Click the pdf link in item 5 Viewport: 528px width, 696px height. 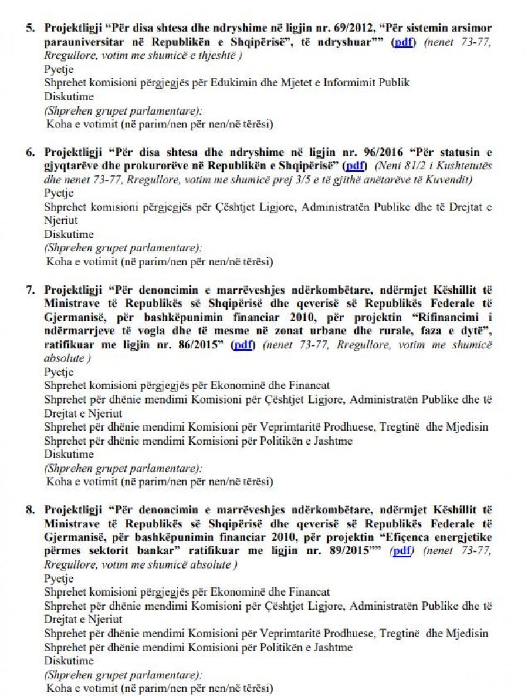(404, 42)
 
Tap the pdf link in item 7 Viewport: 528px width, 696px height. (242, 344)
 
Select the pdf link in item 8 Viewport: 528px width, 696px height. (402, 550)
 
